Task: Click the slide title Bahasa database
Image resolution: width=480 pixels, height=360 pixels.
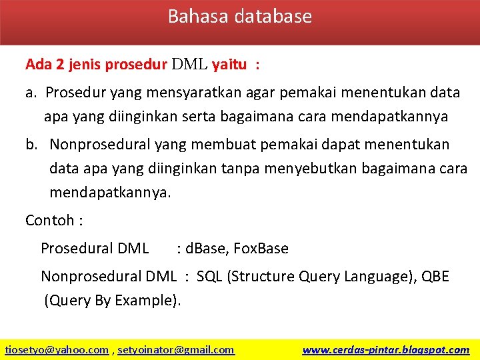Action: coord(239,16)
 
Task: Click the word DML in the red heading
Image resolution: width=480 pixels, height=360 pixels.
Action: coord(189,65)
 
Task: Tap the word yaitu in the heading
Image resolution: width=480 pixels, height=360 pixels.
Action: coord(229,65)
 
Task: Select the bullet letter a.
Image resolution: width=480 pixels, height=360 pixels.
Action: coord(31,93)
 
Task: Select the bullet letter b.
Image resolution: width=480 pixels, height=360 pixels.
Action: coord(31,144)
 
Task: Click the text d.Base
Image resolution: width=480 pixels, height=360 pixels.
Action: coord(207,249)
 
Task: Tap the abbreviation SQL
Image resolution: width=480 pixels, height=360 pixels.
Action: coord(209,276)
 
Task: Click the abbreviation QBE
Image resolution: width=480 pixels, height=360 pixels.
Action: coord(435,276)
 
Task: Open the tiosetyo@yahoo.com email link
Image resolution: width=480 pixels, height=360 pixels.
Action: coord(57,349)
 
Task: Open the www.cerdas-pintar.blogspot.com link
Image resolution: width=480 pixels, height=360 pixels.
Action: coord(385,349)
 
